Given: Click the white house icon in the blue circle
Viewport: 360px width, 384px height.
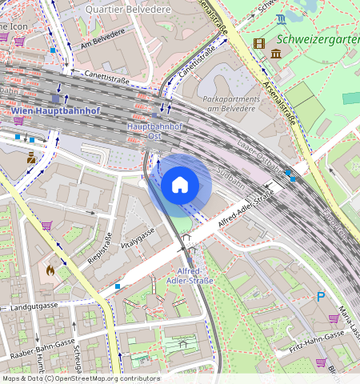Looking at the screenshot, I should point(180,185).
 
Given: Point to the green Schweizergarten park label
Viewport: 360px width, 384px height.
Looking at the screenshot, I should point(317,38).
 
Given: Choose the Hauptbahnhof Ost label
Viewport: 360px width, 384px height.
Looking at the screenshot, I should point(155,131).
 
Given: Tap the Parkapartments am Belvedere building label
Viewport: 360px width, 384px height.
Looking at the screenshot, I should point(239,103).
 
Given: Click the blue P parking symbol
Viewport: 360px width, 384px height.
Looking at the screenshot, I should point(321,296).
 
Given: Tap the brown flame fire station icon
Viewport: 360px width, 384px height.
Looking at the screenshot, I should point(51,270).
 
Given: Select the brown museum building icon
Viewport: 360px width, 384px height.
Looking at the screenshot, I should point(276,53).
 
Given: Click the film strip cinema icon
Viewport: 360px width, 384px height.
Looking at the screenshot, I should point(258,42).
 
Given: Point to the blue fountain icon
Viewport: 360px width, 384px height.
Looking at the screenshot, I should point(281,18).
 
